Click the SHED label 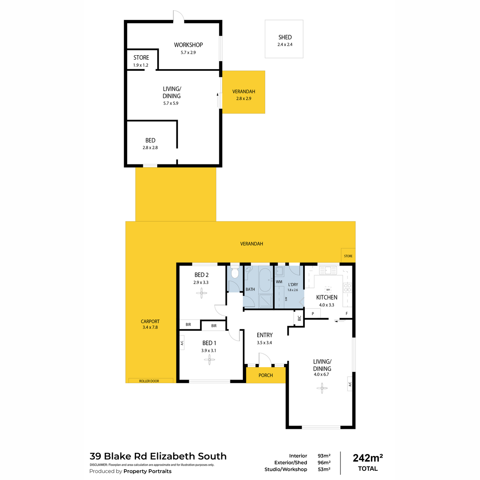(x=285, y=37)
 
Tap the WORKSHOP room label (x=188, y=45)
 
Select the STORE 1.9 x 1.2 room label (x=141, y=58)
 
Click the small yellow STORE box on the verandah (x=348, y=256)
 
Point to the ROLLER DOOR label (x=149, y=381)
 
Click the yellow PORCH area (x=266, y=375)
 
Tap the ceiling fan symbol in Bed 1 (x=209, y=360)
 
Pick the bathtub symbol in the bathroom (x=265, y=280)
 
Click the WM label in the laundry (x=279, y=282)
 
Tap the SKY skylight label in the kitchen (x=328, y=289)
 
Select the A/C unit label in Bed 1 (x=182, y=343)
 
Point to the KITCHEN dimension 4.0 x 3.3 (x=326, y=305)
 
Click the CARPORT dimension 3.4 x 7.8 (x=150, y=327)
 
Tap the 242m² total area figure (x=368, y=458)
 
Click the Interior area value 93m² (x=324, y=456)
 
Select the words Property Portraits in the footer (x=147, y=471)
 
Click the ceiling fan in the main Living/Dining (x=322, y=387)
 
